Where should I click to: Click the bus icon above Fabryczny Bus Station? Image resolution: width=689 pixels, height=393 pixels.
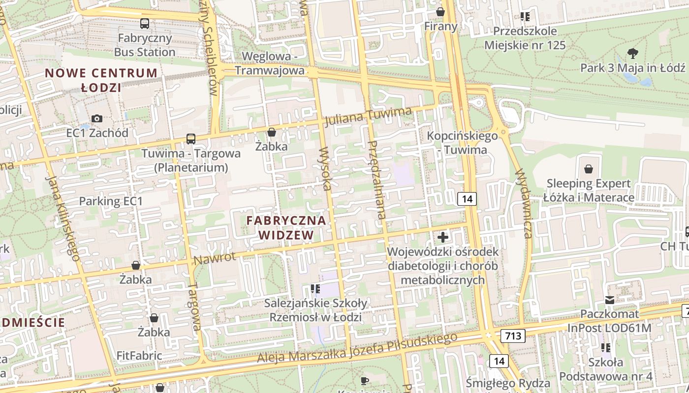pos(145,23)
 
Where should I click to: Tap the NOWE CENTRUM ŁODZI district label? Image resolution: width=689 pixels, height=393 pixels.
pos(101,81)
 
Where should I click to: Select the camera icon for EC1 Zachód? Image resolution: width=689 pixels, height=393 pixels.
pos(97,118)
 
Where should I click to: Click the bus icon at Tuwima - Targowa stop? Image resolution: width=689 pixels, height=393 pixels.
pos(190,139)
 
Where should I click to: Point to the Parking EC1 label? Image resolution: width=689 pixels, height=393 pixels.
pos(111,201)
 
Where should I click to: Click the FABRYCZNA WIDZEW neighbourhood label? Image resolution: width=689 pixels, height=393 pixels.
pos(286,227)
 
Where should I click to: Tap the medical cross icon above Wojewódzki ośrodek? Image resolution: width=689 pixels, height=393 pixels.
pos(443,237)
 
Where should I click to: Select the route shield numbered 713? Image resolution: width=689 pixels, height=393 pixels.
pos(513,336)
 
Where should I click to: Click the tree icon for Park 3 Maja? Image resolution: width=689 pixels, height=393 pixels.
pos(633,53)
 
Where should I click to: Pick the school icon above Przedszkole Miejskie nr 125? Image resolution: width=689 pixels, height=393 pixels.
pos(525,17)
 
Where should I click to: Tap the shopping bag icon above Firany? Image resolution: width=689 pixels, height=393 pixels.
pos(440,12)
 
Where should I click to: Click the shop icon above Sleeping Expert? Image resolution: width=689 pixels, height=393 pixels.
pos(589,169)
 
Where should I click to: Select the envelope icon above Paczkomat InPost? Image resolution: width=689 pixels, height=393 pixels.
pos(610,300)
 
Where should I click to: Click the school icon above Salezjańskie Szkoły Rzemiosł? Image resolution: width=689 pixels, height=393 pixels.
pos(315,289)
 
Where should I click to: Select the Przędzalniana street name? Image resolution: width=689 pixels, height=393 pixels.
pos(377,179)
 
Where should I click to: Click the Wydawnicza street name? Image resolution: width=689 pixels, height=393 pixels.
pos(523,203)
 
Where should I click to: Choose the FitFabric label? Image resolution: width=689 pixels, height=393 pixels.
pos(139,355)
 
